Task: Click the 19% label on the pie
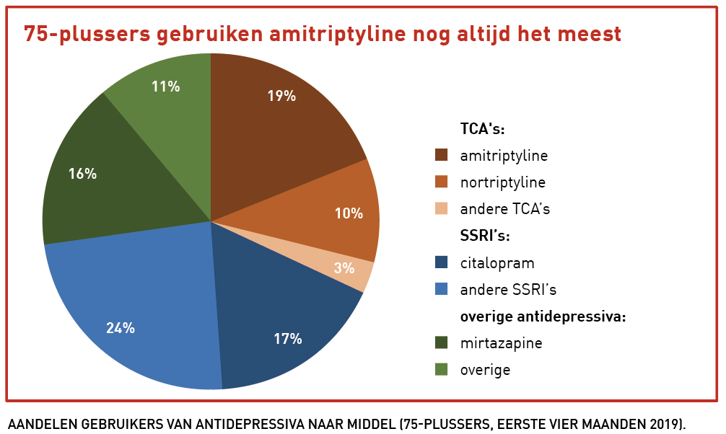tap(281, 96)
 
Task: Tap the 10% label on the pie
tap(349, 213)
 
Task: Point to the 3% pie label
tap(344, 268)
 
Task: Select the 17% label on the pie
tap(288, 338)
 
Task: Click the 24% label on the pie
tap(121, 328)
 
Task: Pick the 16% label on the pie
tap(82, 174)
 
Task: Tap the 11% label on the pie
tap(165, 87)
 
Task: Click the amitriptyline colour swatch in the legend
tap(442, 155)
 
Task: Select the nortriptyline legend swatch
tap(442, 182)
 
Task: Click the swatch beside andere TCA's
tap(442, 209)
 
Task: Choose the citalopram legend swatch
tap(442, 263)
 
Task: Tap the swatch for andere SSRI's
tap(442, 290)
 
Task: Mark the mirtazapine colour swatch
tap(442, 343)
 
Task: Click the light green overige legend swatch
tap(442, 370)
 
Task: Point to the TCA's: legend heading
tap(482, 129)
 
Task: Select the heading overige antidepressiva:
tap(543, 316)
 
